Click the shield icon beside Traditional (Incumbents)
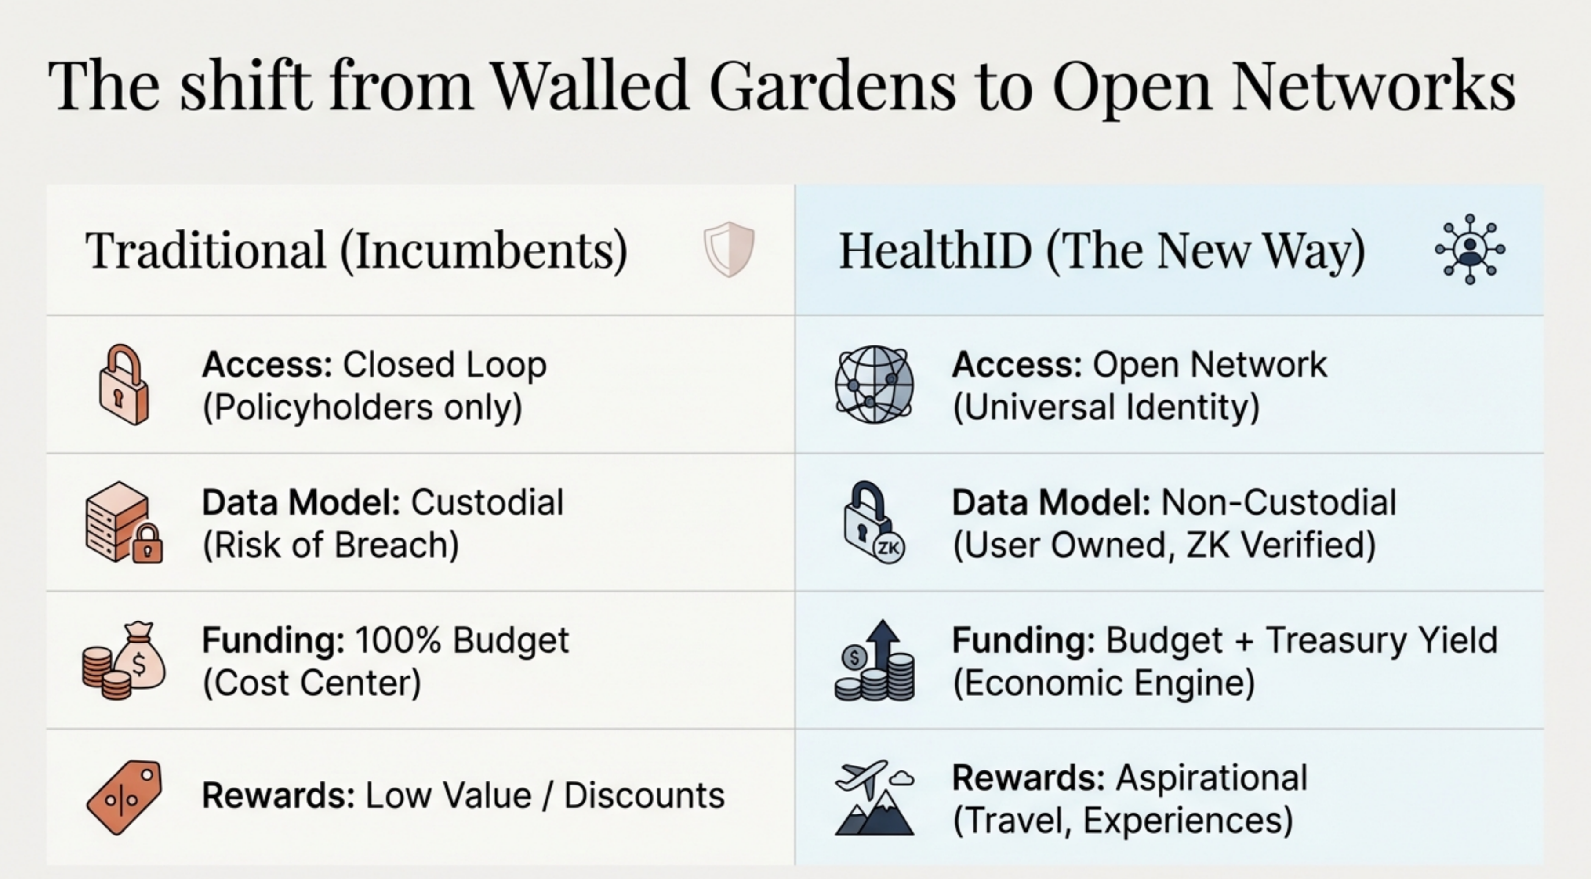(x=729, y=249)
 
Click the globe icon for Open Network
(x=874, y=384)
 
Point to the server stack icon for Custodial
(x=117, y=522)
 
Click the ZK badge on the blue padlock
(x=888, y=547)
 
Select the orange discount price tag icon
(x=125, y=797)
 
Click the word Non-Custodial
(x=1279, y=502)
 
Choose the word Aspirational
(x=1212, y=778)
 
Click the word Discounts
(x=644, y=795)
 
